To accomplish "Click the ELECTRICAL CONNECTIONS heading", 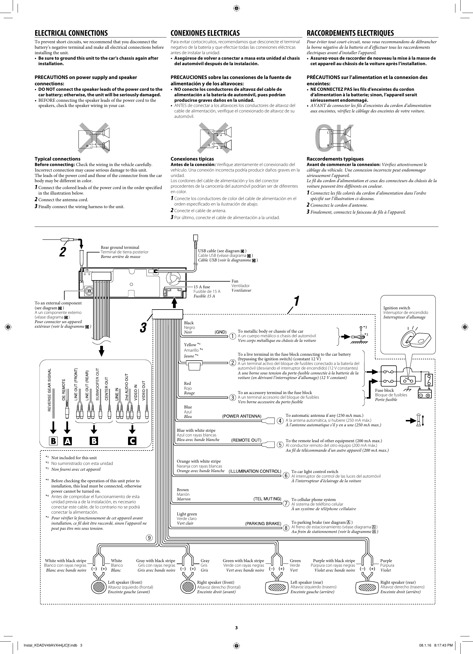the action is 71,33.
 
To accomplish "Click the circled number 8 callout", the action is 286,528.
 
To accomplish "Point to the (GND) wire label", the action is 220,332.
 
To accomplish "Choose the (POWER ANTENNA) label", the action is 242,416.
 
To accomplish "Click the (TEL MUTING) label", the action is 267,499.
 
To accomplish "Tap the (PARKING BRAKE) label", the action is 263,523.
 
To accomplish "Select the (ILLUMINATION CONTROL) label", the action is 255,471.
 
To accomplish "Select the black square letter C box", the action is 132,441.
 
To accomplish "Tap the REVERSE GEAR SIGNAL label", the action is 49,390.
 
